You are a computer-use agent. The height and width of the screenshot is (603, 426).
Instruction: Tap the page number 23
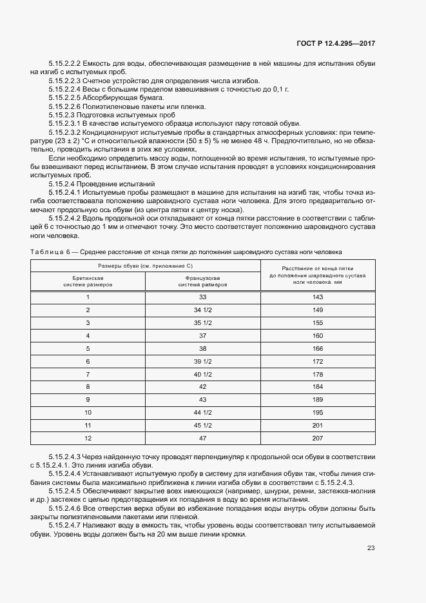click(x=371, y=548)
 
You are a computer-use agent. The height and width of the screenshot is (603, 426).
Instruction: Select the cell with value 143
click(x=317, y=297)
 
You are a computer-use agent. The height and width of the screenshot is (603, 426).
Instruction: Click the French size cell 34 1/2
click(x=203, y=310)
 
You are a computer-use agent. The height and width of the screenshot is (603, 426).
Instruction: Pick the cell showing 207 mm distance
click(x=317, y=438)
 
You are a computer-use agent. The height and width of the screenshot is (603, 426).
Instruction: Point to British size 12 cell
click(x=88, y=438)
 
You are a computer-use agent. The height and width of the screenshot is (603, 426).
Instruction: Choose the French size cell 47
click(x=203, y=438)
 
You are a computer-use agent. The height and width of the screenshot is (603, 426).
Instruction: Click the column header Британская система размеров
click(x=88, y=280)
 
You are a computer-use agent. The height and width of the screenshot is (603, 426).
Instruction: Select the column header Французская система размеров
click(x=203, y=280)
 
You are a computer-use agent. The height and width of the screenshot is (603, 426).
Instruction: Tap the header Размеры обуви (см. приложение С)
click(x=146, y=266)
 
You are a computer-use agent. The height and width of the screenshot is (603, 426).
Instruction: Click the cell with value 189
click(x=317, y=399)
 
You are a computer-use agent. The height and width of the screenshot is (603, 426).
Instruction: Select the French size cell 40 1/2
click(x=203, y=374)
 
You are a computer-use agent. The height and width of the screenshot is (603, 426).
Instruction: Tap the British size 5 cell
click(x=88, y=348)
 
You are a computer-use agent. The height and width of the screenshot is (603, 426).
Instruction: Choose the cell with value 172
click(x=317, y=361)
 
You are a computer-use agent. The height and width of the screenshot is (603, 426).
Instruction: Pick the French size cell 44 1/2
click(x=203, y=412)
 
